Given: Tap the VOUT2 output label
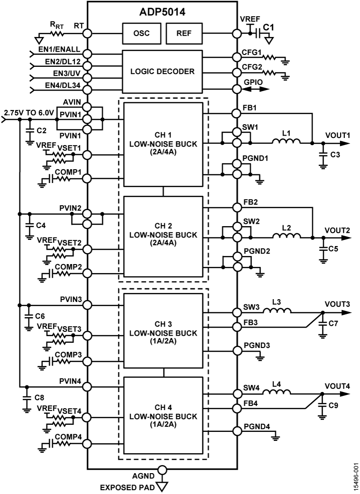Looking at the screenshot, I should pyautogui.click(x=337, y=230).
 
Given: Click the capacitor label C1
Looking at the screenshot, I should pyautogui.click(x=269, y=27).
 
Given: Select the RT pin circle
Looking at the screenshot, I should pyautogui.click(x=88, y=34).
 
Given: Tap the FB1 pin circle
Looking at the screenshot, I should pyautogui.click(x=237, y=113).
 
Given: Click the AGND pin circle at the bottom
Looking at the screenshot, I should pyautogui.click(x=162, y=470).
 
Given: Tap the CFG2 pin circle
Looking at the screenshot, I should pyautogui.click(x=237, y=73).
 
